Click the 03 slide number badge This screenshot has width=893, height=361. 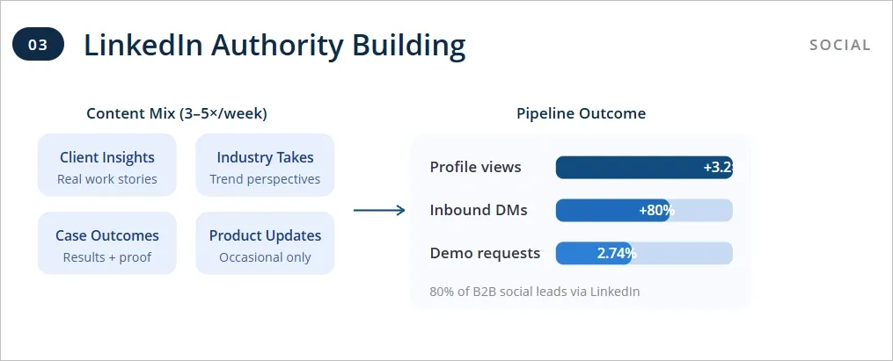tap(39, 44)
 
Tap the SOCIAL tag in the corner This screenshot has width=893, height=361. tap(839, 45)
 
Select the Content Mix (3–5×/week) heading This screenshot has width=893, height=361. tap(177, 113)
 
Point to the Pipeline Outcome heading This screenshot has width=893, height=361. tap(581, 113)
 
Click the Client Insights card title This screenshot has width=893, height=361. tap(107, 157)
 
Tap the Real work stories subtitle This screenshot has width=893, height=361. tap(107, 179)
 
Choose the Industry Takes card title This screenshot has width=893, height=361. tap(265, 157)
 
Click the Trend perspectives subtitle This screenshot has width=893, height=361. tap(265, 179)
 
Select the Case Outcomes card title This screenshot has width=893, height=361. tap(107, 235)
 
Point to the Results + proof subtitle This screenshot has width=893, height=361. tap(107, 257)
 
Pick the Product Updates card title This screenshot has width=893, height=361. tap(265, 235)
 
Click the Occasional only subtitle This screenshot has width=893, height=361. tap(265, 257)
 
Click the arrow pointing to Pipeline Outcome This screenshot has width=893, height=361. tap(379, 210)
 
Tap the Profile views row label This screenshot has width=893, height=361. tap(475, 167)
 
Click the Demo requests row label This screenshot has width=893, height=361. tap(485, 253)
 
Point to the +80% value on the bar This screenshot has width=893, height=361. tap(656, 210)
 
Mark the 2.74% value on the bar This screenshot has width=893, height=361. tap(616, 253)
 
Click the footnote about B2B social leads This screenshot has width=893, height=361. tap(534, 291)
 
